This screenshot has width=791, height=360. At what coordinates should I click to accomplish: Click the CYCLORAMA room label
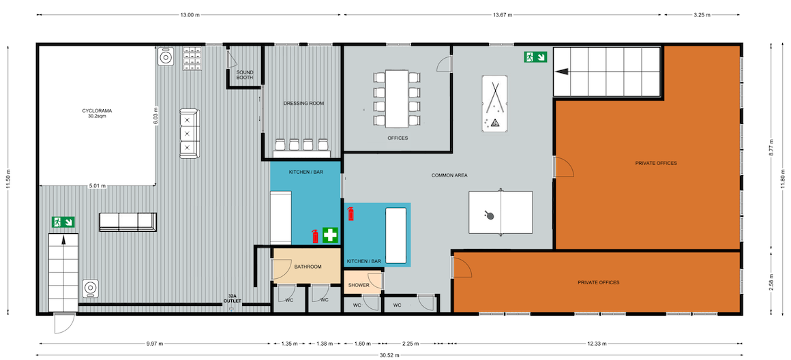tap(94, 111)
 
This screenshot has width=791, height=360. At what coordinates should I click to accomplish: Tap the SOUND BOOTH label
tap(245, 75)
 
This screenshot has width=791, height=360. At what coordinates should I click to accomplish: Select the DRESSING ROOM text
tap(303, 104)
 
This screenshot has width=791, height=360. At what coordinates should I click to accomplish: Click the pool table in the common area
tap(493, 104)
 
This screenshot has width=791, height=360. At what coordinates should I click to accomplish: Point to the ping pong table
tap(501, 212)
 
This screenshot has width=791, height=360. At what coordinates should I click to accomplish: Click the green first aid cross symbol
tap(330, 235)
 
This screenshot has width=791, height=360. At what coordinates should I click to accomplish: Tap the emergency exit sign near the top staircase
tap(536, 57)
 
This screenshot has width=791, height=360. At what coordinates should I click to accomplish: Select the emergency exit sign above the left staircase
tap(63, 222)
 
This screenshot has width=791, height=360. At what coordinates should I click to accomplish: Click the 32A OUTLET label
tap(233, 299)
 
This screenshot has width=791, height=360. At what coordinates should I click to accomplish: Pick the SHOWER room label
tap(359, 286)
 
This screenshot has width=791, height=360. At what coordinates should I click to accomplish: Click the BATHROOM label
tap(308, 267)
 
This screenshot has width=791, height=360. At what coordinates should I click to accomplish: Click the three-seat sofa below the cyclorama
tap(128, 222)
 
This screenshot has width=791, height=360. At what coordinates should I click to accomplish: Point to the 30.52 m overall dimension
tap(389, 355)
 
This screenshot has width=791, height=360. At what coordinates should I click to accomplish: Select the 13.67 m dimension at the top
tap(502, 15)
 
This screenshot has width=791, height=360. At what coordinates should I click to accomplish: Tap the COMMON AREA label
tap(449, 175)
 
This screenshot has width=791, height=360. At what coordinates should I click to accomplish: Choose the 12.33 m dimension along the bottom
tap(598, 344)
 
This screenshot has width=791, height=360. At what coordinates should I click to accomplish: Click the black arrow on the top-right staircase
tap(562, 72)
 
